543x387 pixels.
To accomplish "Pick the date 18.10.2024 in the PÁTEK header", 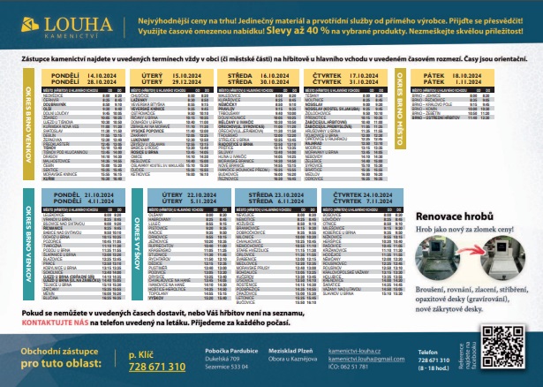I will (472, 77).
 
